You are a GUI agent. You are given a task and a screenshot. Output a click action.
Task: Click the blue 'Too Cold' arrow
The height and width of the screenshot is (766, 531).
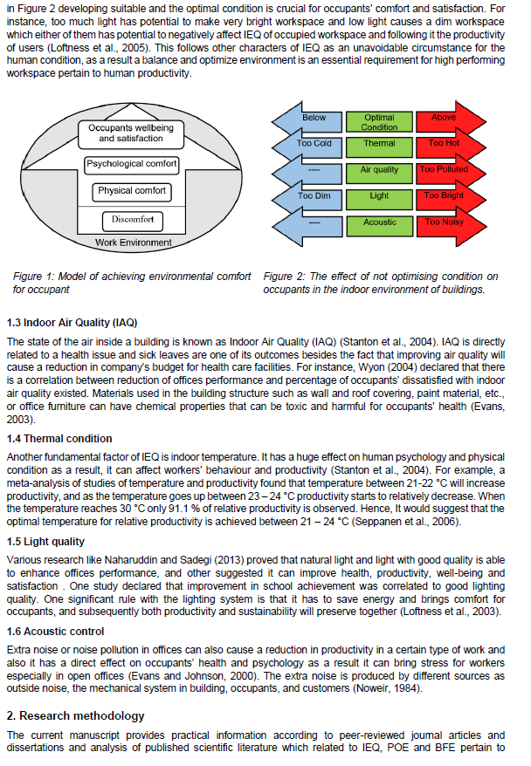click(314, 144)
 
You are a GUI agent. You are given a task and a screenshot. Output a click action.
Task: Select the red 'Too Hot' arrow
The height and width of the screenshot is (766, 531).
click(447, 144)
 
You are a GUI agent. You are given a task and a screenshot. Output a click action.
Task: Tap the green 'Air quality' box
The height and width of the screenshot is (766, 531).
click(380, 170)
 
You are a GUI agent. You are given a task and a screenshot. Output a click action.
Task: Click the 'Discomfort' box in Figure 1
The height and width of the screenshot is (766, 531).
click(132, 219)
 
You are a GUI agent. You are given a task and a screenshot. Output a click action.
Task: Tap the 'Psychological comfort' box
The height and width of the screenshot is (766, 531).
click(132, 163)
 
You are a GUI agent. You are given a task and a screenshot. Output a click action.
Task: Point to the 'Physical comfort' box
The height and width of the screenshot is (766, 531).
click(132, 191)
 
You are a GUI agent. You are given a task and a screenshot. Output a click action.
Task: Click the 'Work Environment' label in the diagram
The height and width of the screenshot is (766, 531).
click(133, 243)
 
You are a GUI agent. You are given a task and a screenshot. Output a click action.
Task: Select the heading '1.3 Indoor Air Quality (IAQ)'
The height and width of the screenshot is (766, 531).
click(72, 322)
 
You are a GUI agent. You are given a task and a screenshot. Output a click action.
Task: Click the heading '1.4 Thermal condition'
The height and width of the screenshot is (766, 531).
click(59, 438)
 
